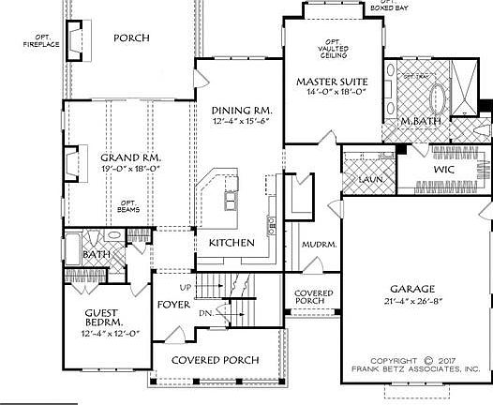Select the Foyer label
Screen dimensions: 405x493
171,304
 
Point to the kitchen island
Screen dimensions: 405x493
229,200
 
